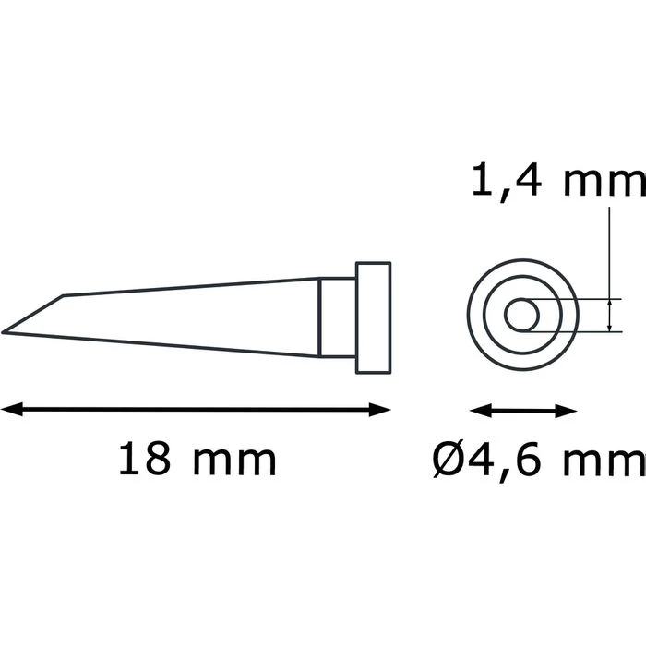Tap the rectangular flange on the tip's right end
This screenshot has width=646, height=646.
click(x=373, y=318)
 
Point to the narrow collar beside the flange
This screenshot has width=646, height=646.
click(x=337, y=318)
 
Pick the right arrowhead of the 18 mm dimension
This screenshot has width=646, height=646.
click(x=382, y=410)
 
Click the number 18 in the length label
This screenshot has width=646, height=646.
click(x=143, y=459)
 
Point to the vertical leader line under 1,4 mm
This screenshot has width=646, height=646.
click(x=610, y=249)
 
